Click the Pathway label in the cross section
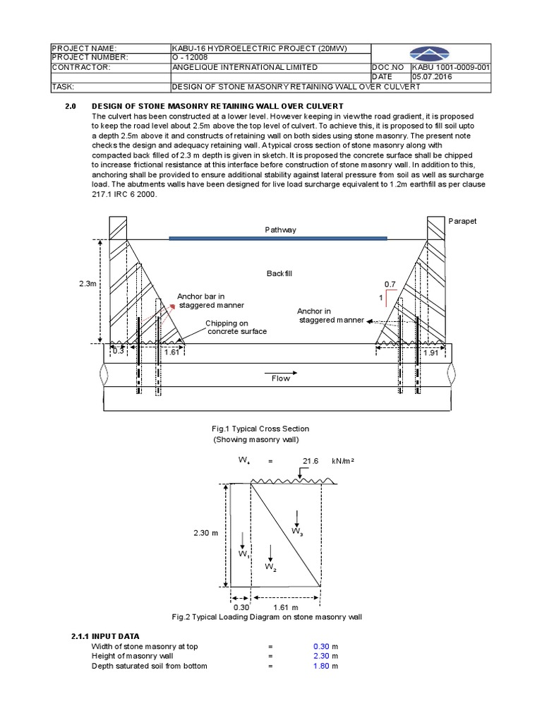[281, 229]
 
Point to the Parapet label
[462, 221]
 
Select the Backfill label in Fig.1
[280, 273]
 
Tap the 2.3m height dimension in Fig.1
[88, 283]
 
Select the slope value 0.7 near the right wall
[389, 284]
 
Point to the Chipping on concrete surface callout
[226, 327]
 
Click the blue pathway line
[278, 238]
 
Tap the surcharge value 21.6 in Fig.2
[311, 460]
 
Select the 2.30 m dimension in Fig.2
[205, 534]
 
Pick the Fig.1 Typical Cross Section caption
[260, 429]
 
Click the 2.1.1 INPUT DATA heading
[105, 636]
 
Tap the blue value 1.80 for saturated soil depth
[322, 666]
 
